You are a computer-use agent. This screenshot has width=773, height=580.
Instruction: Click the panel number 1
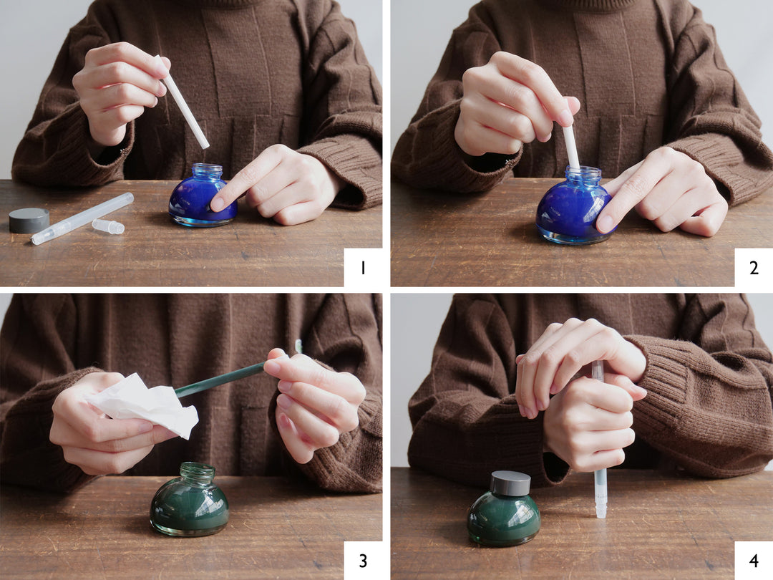click(363, 268)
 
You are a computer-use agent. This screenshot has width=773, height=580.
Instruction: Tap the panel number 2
click(754, 268)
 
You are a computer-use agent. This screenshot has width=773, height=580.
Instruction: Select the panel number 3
click(363, 561)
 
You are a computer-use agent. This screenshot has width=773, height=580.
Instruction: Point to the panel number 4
click(754, 561)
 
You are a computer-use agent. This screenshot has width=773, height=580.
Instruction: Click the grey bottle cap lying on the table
click(29, 220)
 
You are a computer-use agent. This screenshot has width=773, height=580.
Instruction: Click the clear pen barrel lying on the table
click(82, 218)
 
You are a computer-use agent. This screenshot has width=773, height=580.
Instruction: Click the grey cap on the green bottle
click(510, 483)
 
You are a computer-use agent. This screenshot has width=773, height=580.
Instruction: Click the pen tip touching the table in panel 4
click(601, 511)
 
